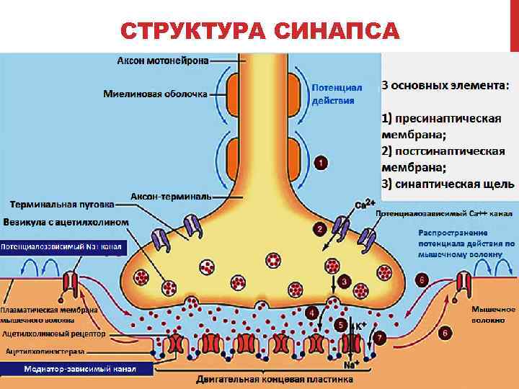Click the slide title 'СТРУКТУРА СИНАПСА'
(259, 31)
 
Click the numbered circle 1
(321, 163)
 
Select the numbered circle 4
(311, 313)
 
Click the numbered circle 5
(341, 326)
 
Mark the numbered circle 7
(380, 336)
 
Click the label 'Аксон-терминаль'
(172, 196)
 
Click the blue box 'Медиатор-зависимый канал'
(78, 369)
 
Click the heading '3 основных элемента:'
(444, 85)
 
